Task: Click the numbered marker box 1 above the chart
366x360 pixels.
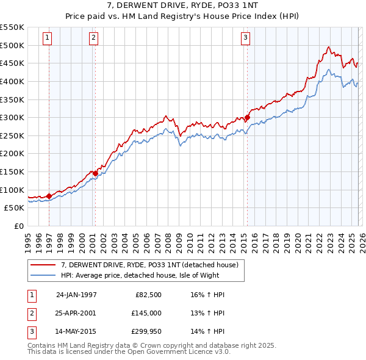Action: point(48,38)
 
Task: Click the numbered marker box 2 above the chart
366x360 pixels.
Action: point(93,38)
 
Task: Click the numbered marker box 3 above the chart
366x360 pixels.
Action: point(245,38)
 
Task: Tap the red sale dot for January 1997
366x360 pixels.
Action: point(49,196)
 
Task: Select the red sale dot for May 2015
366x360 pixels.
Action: point(247,118)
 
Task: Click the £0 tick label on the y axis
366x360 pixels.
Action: point(20,226)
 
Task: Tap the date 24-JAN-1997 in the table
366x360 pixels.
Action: point(76,294)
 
